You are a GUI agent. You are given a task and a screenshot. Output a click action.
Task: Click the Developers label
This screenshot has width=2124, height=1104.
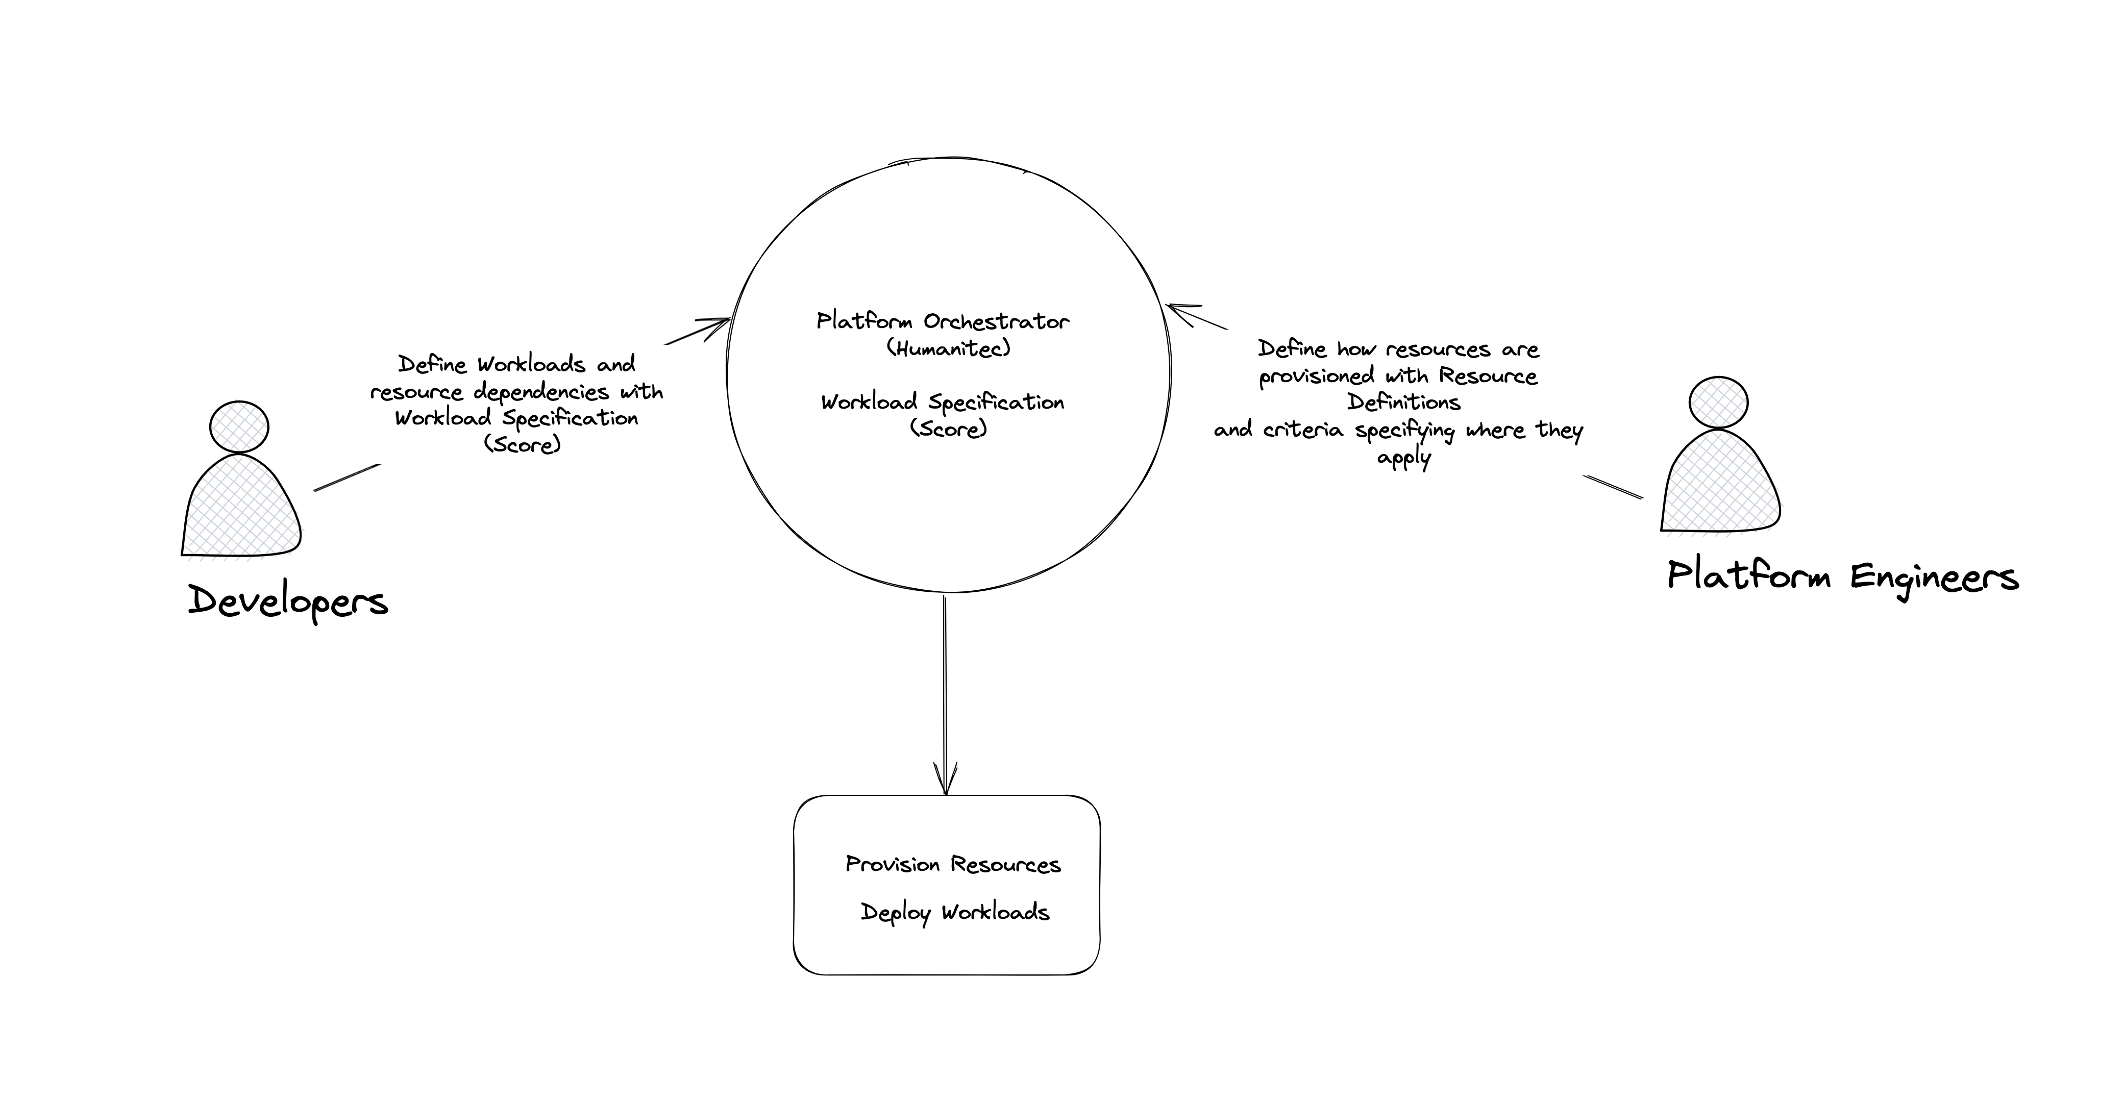tap(288, 601)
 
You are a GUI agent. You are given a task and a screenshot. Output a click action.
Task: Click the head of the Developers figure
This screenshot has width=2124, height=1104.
tap(239, 427)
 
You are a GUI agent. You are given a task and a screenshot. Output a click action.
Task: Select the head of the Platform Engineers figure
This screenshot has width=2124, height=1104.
tap(1718, 403)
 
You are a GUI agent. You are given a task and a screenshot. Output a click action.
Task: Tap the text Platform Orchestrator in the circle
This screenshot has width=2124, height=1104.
tap(943, 321)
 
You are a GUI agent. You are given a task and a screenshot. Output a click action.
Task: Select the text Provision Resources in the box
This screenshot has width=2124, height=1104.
tap(953, 864)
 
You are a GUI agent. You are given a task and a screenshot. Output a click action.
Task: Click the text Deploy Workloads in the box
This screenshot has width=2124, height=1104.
tap(955, 912)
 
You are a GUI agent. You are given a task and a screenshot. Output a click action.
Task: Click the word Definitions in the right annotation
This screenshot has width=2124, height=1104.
tap(1403, 403)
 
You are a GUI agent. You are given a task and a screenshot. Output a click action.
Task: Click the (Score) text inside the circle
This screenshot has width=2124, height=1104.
tap(948, 429)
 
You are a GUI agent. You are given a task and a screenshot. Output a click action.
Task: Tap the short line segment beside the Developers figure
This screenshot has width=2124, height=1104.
tap(347, 478)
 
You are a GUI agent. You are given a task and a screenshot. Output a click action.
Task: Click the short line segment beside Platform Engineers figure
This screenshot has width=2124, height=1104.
tap(1613, 487)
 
